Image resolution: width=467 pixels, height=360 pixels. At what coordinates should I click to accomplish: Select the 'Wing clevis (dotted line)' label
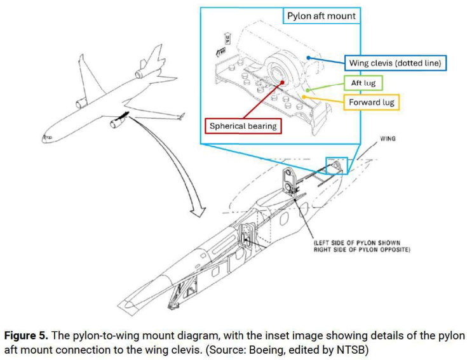(x=395, y=63)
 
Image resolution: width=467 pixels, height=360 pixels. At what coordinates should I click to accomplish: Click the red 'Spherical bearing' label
(x=244, y=126)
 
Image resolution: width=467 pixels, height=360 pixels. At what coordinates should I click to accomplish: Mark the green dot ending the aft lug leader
(x=308, y=90)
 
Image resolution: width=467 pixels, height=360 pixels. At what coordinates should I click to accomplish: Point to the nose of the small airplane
(x=43, y=137)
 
